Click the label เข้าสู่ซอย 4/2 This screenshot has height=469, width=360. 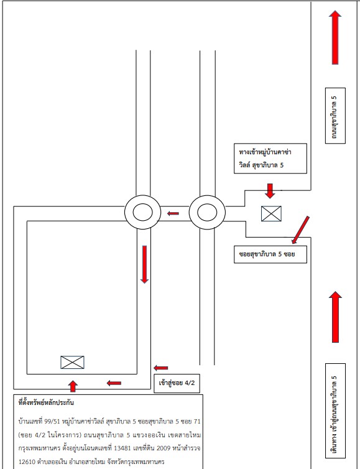coord(177,383)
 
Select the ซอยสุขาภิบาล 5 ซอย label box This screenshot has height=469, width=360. coord(270,254)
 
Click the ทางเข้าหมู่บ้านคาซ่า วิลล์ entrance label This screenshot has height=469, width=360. coord(270,158)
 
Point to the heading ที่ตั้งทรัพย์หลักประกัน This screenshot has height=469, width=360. coord(46,402)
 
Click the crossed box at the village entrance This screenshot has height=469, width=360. coord(271,213)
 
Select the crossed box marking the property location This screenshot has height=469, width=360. coord(72,362)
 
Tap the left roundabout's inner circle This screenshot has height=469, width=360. coord(142,212)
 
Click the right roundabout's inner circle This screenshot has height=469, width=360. coord(207,212)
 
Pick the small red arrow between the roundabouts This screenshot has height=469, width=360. coord(173,213)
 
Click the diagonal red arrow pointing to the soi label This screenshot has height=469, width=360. coord(300,230)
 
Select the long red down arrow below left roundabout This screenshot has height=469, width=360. coord(144,264)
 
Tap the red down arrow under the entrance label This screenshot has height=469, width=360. coord(270,191)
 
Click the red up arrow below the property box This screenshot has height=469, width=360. coord(73,386)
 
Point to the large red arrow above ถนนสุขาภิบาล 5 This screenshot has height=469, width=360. coord(335,37)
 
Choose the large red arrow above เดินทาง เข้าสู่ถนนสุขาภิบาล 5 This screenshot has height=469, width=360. coord(335,317)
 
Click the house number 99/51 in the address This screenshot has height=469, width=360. coord(52,422)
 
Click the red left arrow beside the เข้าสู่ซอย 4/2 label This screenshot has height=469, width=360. coord(160,368)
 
